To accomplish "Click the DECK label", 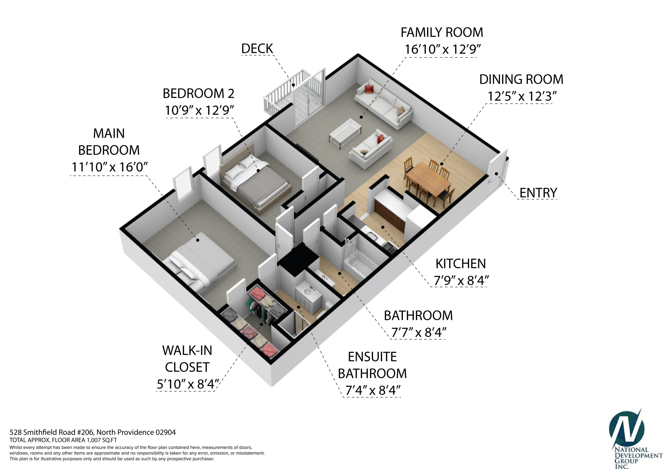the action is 257,48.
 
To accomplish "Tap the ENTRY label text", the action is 538,193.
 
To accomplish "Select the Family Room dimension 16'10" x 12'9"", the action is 443,49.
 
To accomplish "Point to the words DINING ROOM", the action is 521,80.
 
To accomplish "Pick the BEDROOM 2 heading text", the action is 198,94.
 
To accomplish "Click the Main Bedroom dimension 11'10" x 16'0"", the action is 110,167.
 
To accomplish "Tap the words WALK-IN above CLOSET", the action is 187,351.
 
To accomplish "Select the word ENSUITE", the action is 372,357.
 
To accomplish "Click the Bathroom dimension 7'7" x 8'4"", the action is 419,332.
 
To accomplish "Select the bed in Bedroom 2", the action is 256,182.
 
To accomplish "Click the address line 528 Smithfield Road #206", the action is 52,432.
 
